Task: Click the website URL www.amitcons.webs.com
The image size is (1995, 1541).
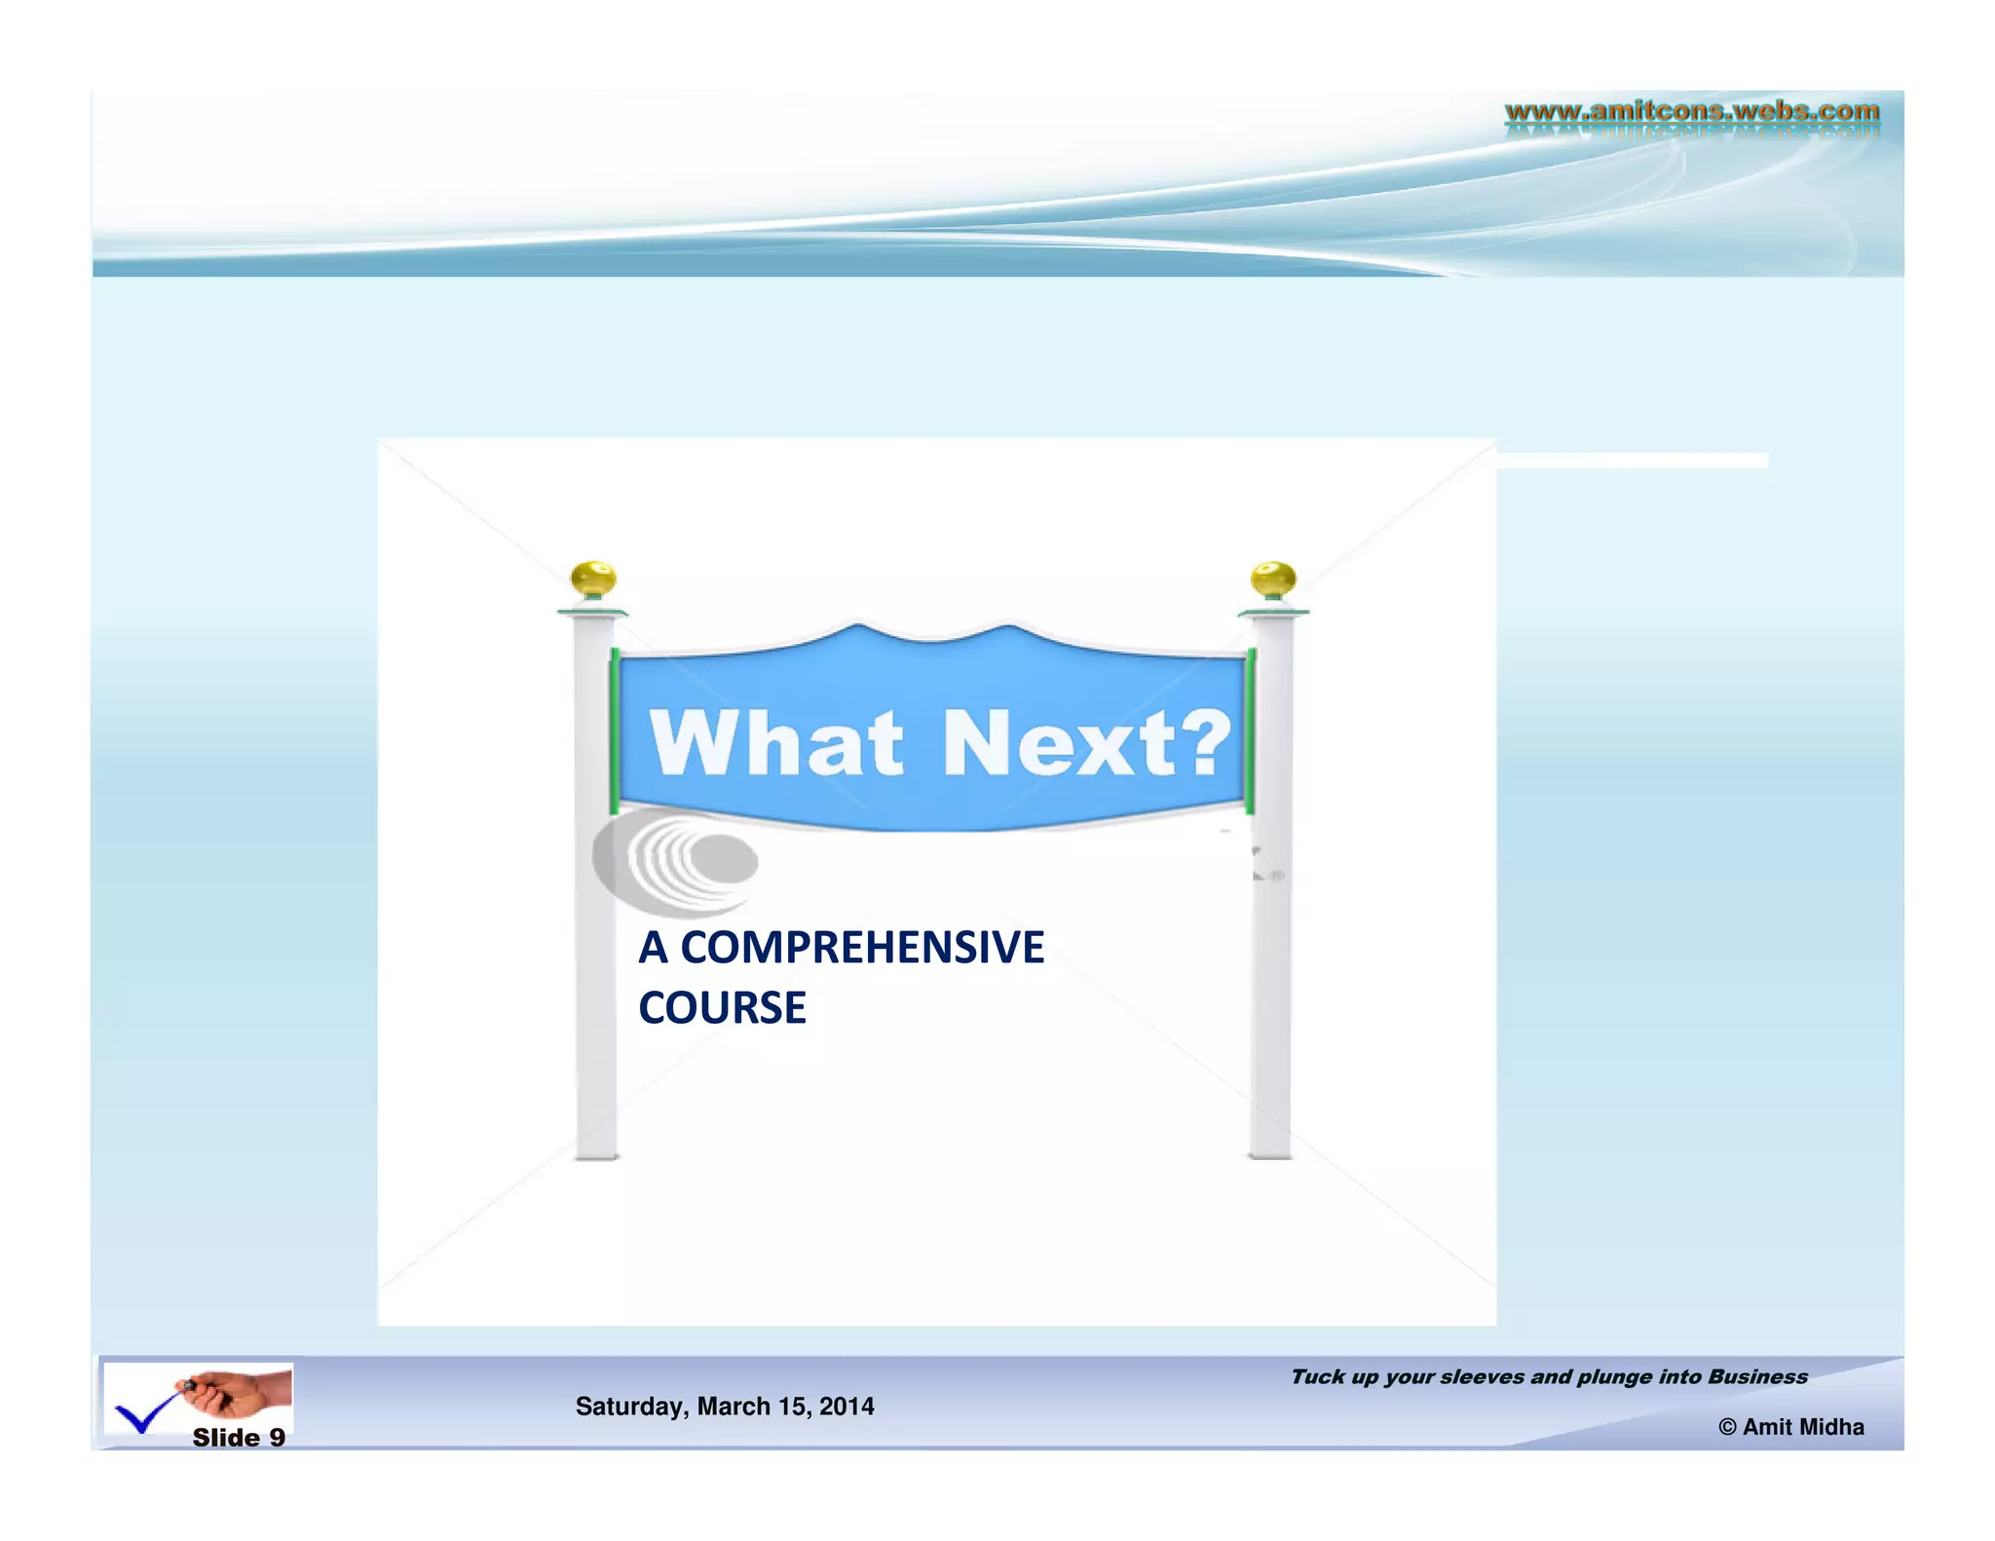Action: point(1691,111)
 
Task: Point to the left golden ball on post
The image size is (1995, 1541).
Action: point(592,579)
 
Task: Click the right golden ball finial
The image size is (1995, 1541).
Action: point(1272,580)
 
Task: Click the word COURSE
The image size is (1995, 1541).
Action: point(722,1008)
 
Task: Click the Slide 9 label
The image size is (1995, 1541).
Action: point(239,1438)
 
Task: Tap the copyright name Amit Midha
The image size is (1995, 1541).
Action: point(1802,1427)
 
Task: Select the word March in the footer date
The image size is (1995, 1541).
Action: point(733,1407)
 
